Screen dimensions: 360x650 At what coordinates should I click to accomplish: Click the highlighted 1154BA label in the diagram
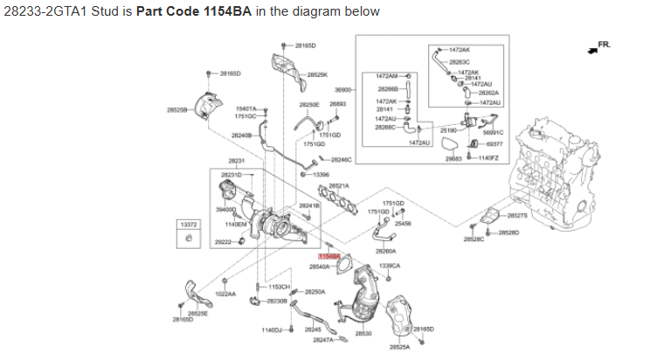coord(328,256)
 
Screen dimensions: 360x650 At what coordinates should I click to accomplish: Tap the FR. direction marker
coord(603,45)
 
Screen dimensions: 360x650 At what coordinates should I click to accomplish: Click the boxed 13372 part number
coord(189,225)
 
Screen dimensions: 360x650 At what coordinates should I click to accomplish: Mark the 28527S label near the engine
coord(517,215)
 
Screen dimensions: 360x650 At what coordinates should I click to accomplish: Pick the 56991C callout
coord(494,132)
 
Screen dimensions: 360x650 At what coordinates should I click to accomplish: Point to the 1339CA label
coord(390,266)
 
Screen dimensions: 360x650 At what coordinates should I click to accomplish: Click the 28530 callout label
coord(363,334)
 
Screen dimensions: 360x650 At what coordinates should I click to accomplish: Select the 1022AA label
coord(225,294)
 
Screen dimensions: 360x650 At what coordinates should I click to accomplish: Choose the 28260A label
coord(385,251)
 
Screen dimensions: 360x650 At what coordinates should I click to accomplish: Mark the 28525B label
coord(176,110)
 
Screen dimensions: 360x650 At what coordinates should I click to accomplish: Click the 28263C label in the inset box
coord(460,62)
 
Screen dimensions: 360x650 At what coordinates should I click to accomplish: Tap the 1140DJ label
coord(272,330)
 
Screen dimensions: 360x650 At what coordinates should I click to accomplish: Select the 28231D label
coord(232,175)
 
